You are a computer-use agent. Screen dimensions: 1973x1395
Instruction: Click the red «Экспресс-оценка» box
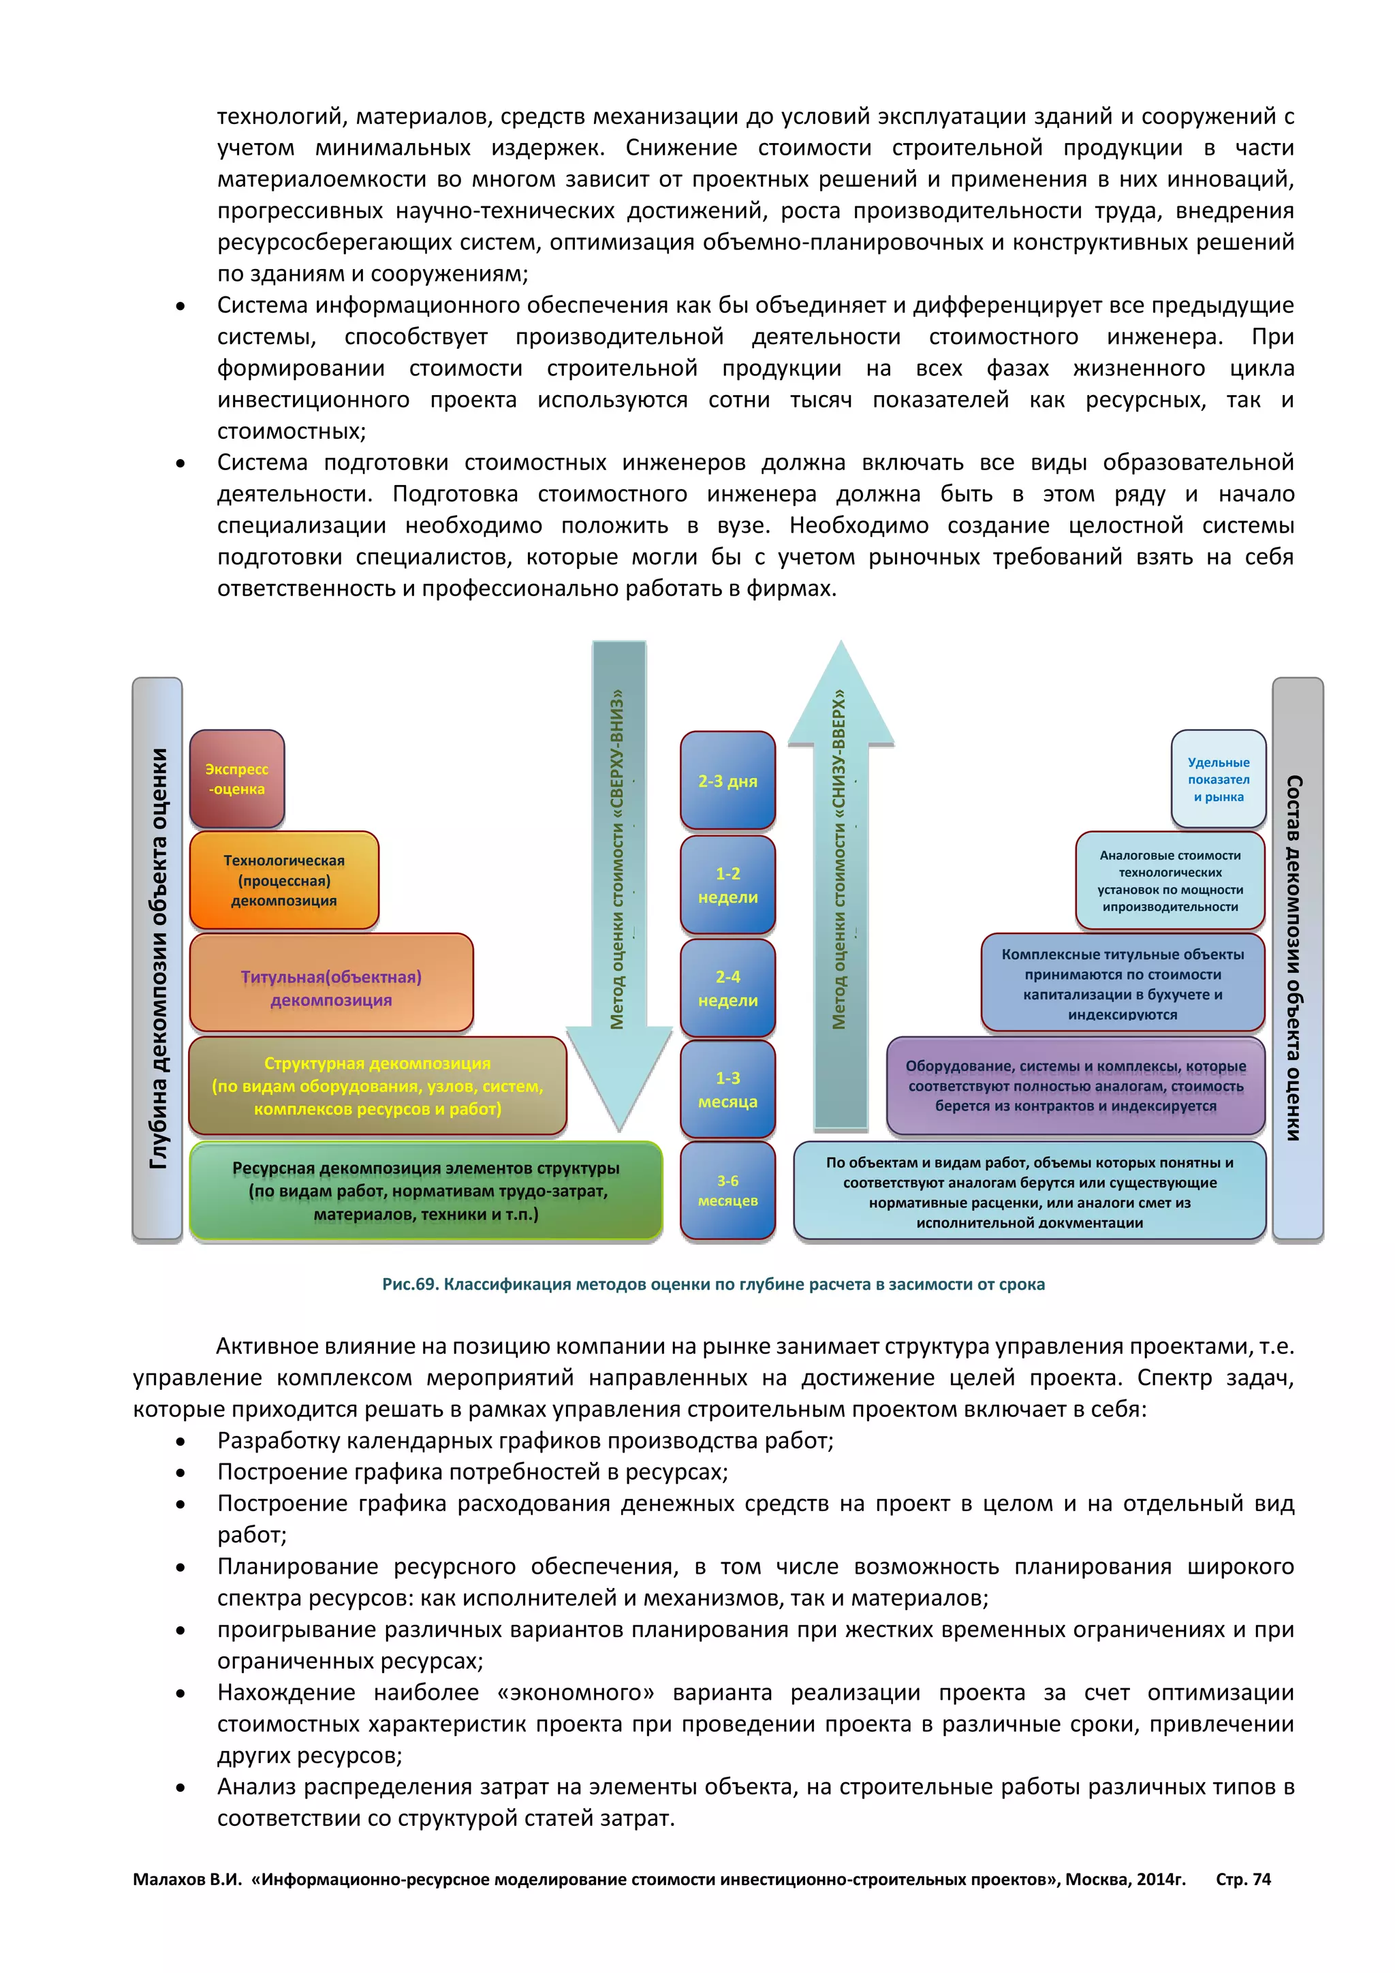pyautogui.click(x=237, y=779)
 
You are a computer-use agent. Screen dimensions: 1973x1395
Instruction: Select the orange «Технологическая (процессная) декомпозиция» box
pyautogui.click(x=283, y=880)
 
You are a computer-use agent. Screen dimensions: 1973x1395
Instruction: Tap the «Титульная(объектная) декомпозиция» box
pyautogui.click(x=331, y=983)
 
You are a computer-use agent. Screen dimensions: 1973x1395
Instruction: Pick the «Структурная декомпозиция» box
pyautogui.click(x=377, y=1085)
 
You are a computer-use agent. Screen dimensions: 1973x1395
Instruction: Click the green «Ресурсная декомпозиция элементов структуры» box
pyautogui.click(x=426, y=1191)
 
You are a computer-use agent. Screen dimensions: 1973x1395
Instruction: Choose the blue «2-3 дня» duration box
pyautogui.click(x=727, y=780)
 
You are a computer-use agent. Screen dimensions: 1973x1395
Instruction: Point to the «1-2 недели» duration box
pyautogui.click(x=727, y=884)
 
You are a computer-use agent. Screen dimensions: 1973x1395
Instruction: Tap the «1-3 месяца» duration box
pyautogui.click(x=727, y=1089)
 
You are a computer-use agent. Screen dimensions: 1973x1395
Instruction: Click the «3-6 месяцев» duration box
pyautogui.click(x=727, y=1190)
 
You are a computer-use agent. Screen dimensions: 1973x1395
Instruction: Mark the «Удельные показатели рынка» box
pyautogui.click(x=1218, y=779)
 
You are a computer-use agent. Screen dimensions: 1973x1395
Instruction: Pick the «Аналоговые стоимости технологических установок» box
pyautogui.click(x=1170, y=880)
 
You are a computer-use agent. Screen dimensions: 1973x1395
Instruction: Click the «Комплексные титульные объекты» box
pyautogui.click(x=1122, y=982)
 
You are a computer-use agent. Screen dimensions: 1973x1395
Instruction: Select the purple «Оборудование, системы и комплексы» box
pyautogui.click(x=1076, y=1085)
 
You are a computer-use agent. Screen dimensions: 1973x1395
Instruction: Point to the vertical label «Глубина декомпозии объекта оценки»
pyautogui.click(x=158, y=958)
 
